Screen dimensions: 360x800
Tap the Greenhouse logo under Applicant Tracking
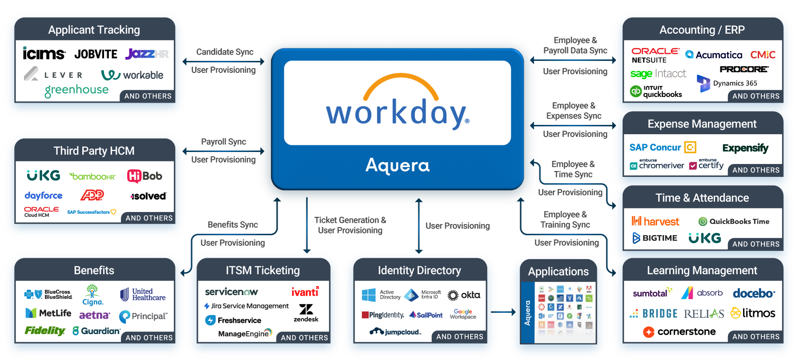pyautogui.click(x=76, y=90)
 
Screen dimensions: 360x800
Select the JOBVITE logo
pyautogui.click(x=96, y=54)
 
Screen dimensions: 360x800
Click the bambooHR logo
pyautogui.click(x=92, y=176)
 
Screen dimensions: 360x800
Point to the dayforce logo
pyautogui.click(x=44, y=196)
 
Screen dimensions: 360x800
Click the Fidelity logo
pyautogui.click(x=45, y=331)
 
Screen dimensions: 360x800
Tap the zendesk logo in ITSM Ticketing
pyautogui.click(x=306, y=313)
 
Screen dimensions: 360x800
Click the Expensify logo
pyautogui.click(x=745, y=148)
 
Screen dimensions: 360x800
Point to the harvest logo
pyautogui.click(x=656, y=221)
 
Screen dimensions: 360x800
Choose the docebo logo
pyautogui.click(x=754, y=293)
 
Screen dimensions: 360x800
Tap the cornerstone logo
pyautogui.click(x=680, y=332)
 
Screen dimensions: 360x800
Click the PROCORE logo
pyautogui.click(x=744, y=69)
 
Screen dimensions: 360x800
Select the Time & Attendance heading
pyautogui.click(x=702, y=198)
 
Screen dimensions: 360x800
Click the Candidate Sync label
pyautogui.click(x=225, y=52)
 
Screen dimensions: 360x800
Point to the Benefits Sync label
pyautogui.click(x=232, y=225)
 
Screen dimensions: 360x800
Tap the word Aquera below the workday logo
pyautogui.click(x=397, y=165)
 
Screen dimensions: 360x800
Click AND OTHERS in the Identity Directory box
pyautogui.click(x=460, y=337)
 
